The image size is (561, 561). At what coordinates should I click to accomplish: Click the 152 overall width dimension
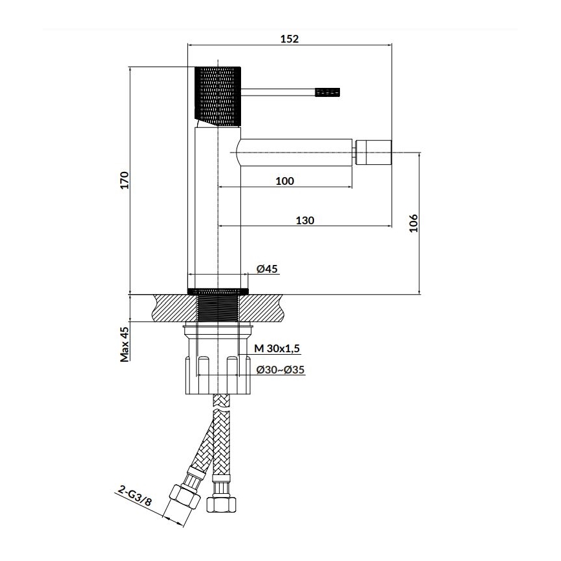click(x=290, y=39)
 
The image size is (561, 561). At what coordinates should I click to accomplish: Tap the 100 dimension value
click(x=284, y=181)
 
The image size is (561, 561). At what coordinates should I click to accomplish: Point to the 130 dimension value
click(x=305, y=220)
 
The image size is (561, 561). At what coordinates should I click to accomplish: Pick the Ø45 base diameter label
click(x=267, y=269)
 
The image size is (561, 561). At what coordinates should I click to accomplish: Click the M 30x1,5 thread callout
click(x=277, y=349)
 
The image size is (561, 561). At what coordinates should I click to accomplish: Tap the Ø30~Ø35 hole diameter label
click(x=280, y=370)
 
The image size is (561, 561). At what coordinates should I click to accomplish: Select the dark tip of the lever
click(x=327, y=92)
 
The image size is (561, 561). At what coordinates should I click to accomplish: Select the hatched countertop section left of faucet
click(x=171, y=307)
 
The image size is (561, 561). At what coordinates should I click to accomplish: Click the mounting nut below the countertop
click(x=218, y=362)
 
